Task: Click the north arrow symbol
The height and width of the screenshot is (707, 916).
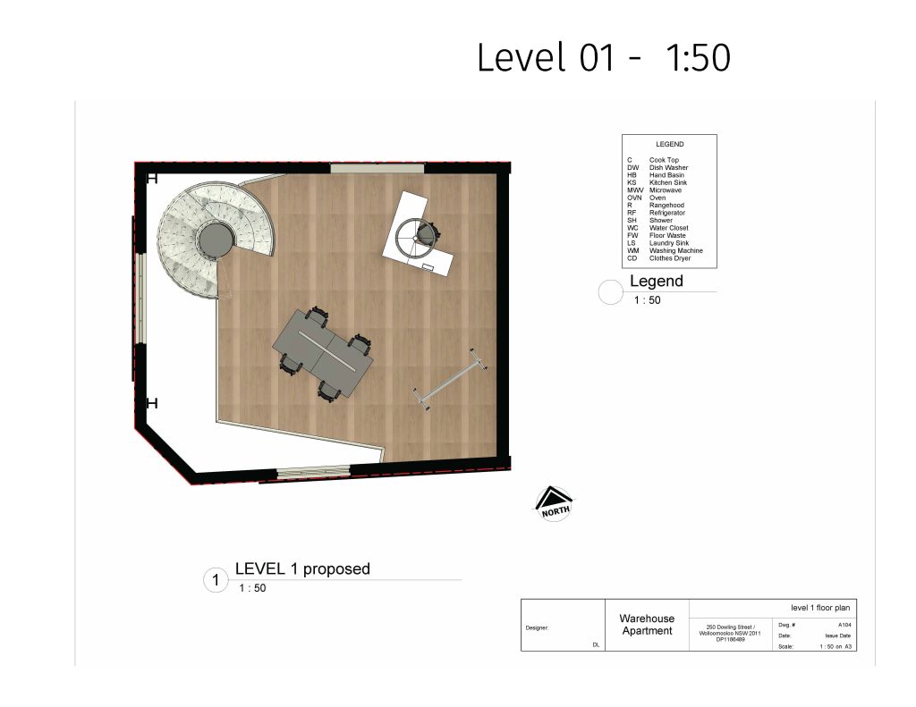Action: point(555,503)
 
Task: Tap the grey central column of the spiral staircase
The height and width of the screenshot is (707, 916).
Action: point(215,240)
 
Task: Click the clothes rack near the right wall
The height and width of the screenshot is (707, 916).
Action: point(450,380)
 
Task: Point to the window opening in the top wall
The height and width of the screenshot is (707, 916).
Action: point(377,169)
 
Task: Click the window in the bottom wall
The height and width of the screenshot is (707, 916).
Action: point(313,471)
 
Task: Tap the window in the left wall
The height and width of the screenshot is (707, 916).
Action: point(140,299)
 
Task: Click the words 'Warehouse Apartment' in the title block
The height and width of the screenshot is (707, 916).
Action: point(647,625)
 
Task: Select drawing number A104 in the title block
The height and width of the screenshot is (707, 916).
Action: point(844,625)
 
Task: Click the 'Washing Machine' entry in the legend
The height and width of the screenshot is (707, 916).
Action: point(676,250)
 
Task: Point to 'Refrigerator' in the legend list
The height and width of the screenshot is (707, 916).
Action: point(667,213)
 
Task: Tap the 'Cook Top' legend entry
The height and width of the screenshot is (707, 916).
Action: point(664,160)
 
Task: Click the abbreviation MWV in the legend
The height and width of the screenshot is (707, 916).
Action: point(635,190)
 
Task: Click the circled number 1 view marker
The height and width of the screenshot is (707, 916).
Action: point(216,580)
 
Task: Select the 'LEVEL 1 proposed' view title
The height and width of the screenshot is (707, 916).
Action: point(302,568)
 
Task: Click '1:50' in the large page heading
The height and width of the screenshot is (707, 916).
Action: point(698,57)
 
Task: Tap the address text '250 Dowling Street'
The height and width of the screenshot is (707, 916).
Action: point(730,627)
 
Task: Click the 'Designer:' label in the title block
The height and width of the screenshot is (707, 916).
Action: point(537,628)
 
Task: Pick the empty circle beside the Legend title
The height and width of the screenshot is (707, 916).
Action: point(610,292)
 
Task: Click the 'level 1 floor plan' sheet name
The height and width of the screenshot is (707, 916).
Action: point(820,608)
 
